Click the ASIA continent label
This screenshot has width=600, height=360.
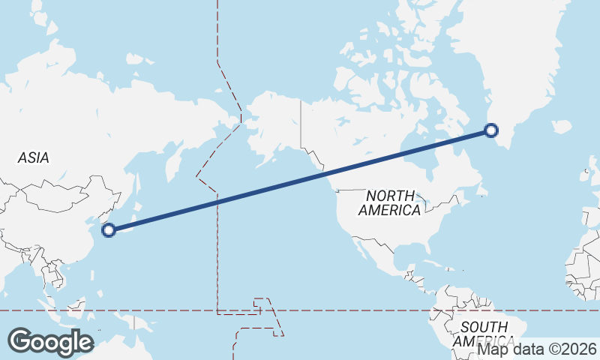(x=34, y=157)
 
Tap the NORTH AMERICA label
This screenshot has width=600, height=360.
(x=389, y=202)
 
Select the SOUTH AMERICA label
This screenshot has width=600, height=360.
(x=484, y=334)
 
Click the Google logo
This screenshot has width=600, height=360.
(x=50, y=341)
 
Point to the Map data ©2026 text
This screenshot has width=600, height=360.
(x=537, y=349)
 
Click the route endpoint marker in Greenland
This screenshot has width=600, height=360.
(x=491, y=130)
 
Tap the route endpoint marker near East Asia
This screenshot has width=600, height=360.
(x=109, y=230)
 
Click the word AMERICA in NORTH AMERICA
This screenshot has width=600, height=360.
(x=389, y=211)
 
